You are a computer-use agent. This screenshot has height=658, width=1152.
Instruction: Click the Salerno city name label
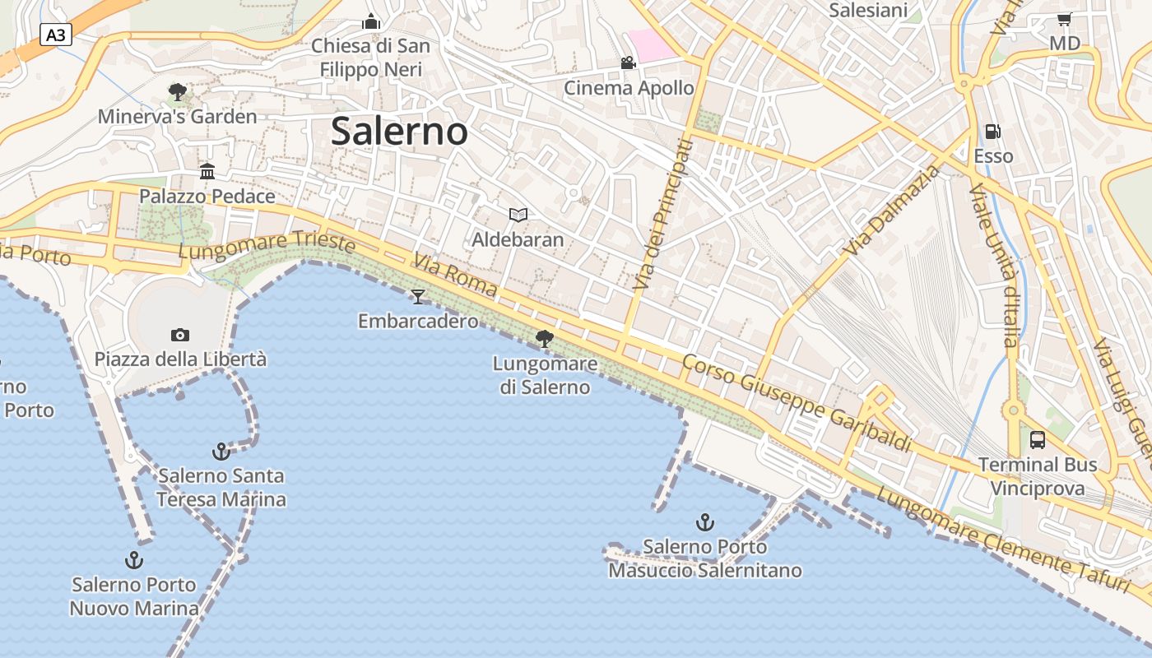[x=399, y=132]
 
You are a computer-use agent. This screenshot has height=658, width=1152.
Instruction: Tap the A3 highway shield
[x=56, y=35]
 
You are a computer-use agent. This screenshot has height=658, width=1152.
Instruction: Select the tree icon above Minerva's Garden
[x=177, y=91]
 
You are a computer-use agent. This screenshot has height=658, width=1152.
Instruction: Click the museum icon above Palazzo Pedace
[x=207, y=171]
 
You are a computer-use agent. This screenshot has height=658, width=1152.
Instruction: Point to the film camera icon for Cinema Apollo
[x=628, y=63]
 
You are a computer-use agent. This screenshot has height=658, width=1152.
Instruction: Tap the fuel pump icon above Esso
[x=993, y=131]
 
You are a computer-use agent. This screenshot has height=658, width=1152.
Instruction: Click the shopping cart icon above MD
[x=1064, y=19]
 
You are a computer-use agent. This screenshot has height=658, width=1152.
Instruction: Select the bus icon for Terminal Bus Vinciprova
[x=1038, y=439]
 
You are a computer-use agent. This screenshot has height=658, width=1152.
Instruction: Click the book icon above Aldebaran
[x=518, y=215]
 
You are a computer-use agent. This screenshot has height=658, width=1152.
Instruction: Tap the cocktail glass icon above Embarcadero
[x=418, y=296]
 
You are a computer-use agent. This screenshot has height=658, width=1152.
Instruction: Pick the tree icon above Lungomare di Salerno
[x=544, y=337]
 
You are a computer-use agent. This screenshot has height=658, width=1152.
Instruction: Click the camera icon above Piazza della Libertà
[x=180, y=335]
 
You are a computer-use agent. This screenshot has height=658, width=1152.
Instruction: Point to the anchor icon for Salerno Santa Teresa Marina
[x=221, y=451]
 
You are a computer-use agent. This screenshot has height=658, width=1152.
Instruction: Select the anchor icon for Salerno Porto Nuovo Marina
[x=133, y=560]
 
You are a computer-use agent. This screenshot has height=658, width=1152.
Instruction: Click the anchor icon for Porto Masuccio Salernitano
[x=704, y=521]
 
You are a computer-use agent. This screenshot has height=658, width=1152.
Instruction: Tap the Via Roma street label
[x=455, y=275]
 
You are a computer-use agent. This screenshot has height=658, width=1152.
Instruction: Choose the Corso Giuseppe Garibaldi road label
[x=797, y=403]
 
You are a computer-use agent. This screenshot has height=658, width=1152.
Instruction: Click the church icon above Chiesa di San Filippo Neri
[x=371, y=21]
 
